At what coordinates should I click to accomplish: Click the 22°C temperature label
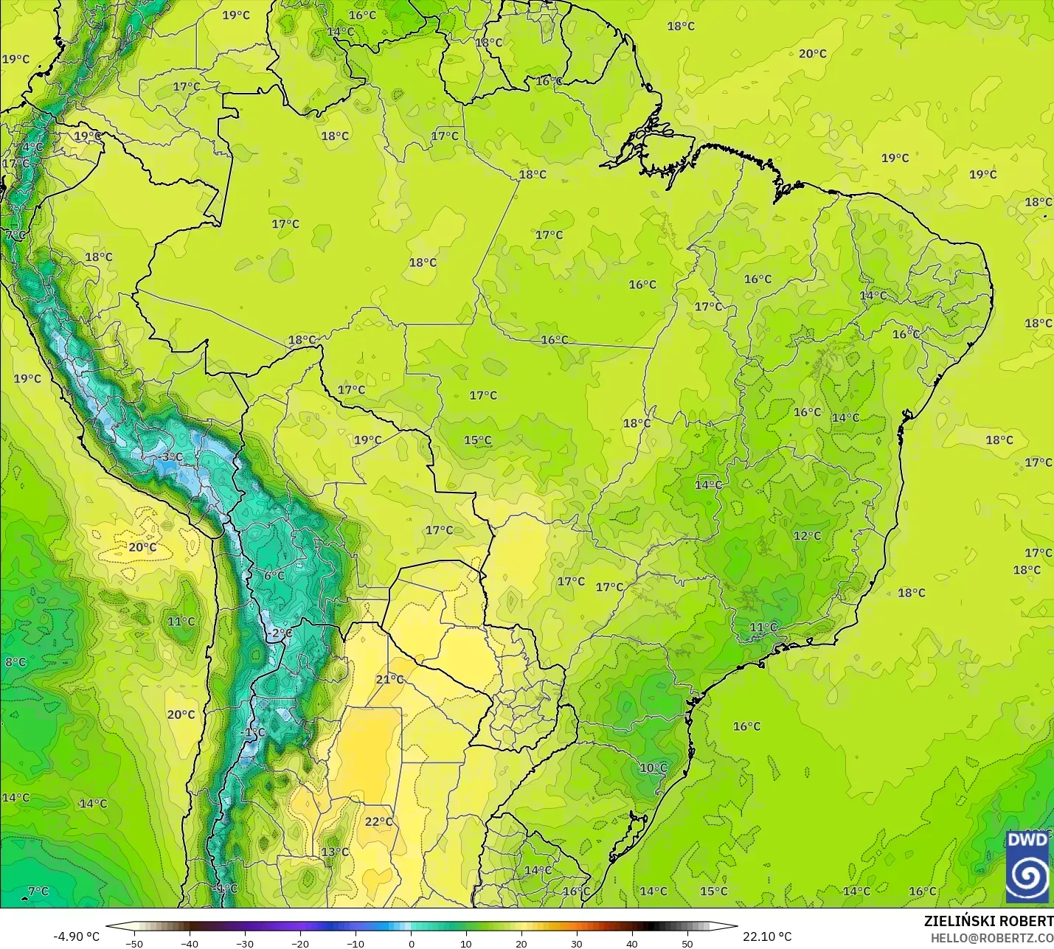[x=378, y=821]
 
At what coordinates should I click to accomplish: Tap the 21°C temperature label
[x=389, y=679]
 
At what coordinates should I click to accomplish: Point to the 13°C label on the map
[x=335, y=852]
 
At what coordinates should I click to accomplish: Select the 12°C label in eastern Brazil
[x=807, y=535]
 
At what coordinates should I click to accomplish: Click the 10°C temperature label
[x=653, y=768]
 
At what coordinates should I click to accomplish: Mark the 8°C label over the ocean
[x=15, y=661]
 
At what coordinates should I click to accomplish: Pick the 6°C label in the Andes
[x=274, y=575]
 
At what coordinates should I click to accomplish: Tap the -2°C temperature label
[x=280, y=633]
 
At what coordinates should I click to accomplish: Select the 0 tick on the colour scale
[x=411, y=943]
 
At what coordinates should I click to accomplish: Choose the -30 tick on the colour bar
[x=245, y=943]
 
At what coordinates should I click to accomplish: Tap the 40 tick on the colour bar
[x=632, y=943]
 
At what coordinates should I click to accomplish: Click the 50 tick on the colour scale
[x=687, y=943]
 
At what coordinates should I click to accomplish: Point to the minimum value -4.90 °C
[x=76, y=936]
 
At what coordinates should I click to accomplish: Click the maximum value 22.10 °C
[x=767, y=936]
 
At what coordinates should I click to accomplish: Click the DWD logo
[x=1027, y=866]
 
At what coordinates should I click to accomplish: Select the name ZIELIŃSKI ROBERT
[x=988, y=921]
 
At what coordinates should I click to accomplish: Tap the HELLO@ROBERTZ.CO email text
[x=991, y=938]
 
